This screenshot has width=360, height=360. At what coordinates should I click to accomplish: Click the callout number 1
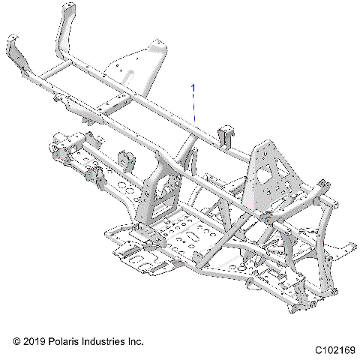coord(193,88)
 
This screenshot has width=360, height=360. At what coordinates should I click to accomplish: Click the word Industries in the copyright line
coord(105,341)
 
